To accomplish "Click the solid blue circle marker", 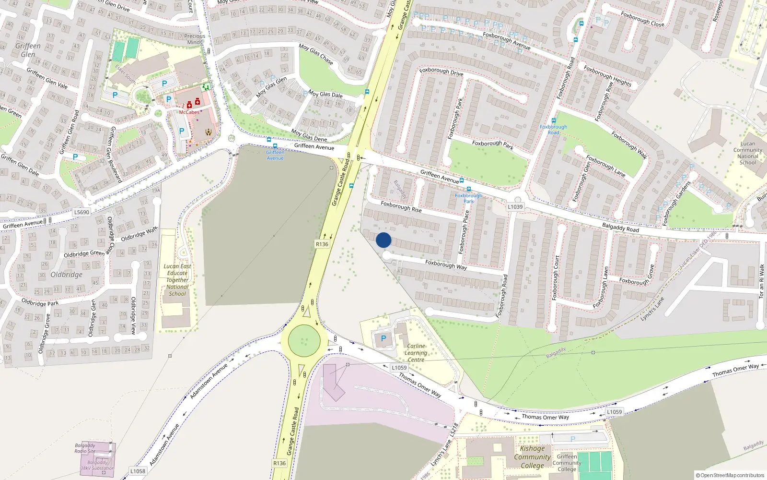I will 383,240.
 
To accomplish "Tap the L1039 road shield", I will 515,207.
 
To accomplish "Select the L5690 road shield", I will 81,212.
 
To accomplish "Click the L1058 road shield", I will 138,471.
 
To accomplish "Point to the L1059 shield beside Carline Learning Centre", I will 399,368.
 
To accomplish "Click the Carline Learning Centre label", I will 416,353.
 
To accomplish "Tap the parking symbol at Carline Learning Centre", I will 383,338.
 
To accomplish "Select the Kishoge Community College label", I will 532,457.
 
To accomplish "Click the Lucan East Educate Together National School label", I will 177,280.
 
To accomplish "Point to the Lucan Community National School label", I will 747,153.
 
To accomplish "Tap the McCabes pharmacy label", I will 189,112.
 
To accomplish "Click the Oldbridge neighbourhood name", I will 67,275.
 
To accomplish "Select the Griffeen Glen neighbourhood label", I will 28,50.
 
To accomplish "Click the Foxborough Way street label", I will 446,264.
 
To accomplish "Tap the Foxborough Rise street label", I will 401,207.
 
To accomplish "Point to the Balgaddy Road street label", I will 620,228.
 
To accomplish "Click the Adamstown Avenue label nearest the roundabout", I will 209,381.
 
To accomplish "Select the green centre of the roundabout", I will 304,341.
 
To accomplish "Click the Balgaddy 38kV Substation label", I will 97,465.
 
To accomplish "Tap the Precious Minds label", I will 195,39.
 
